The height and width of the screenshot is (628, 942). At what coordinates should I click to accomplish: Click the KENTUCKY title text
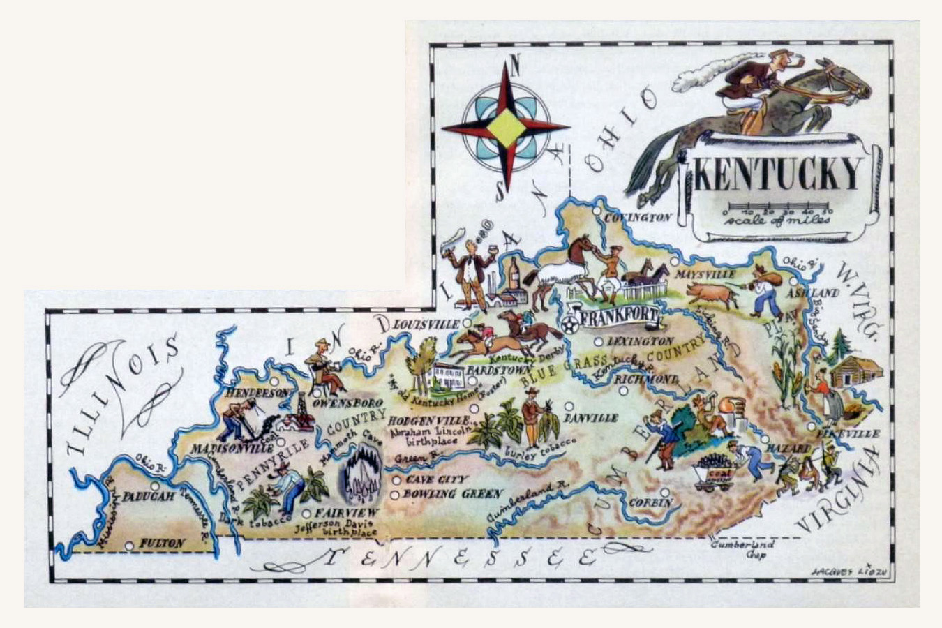pos(777,174)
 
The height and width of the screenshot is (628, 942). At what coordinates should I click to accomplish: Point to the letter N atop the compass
pos(514,66)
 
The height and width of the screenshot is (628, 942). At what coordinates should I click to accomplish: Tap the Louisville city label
pos(427,324)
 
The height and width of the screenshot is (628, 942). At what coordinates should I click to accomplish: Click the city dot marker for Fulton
pos(129,546)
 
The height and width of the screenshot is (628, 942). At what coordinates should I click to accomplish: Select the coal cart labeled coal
pos(715,474)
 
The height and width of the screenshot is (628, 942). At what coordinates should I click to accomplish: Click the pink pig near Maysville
pos(716,295)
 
